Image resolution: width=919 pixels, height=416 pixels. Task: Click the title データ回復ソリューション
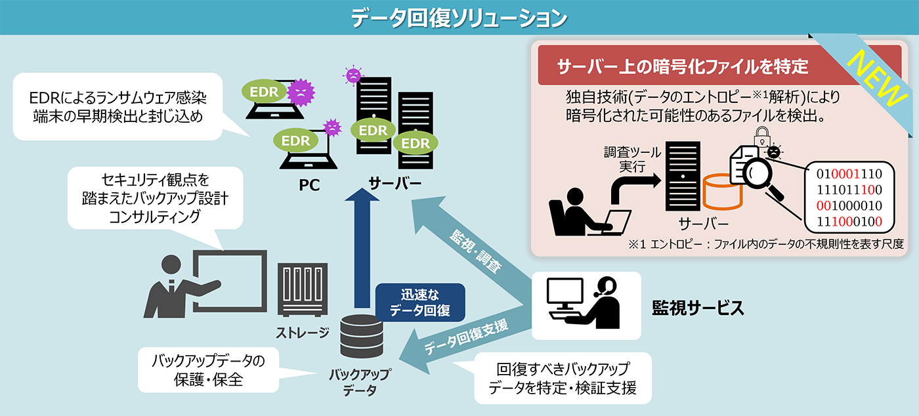point(459,18)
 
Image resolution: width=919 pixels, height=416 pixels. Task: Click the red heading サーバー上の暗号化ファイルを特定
point(683,66)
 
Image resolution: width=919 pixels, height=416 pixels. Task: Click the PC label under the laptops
point(309,185)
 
